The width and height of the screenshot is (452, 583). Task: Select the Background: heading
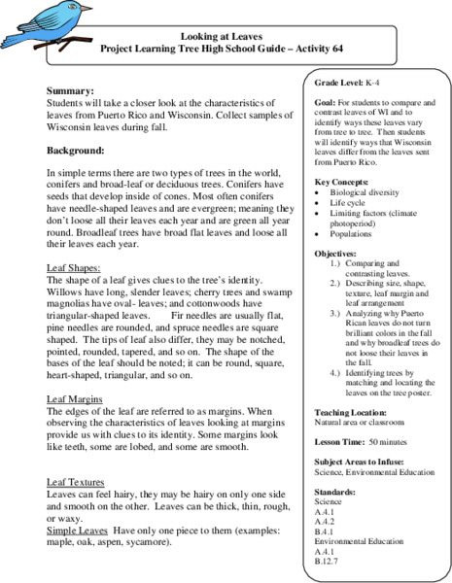coord(80,151)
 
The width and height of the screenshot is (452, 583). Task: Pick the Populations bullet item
coord(353,235)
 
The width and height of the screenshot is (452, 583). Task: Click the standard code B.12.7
coord(330,562)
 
